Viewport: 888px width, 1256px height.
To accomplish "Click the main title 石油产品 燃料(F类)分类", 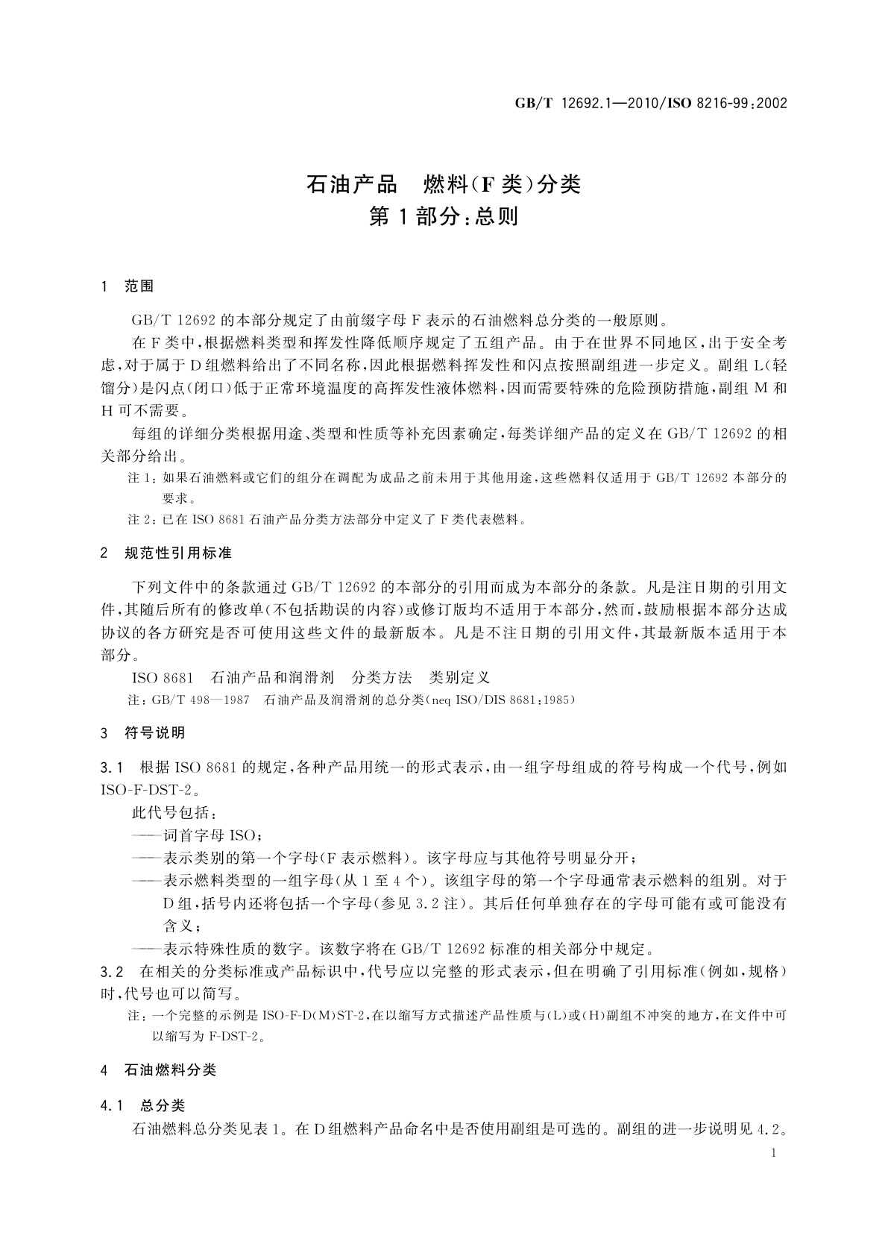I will [444, 183].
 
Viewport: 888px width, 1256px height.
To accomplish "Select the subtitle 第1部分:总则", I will [444, 217].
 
